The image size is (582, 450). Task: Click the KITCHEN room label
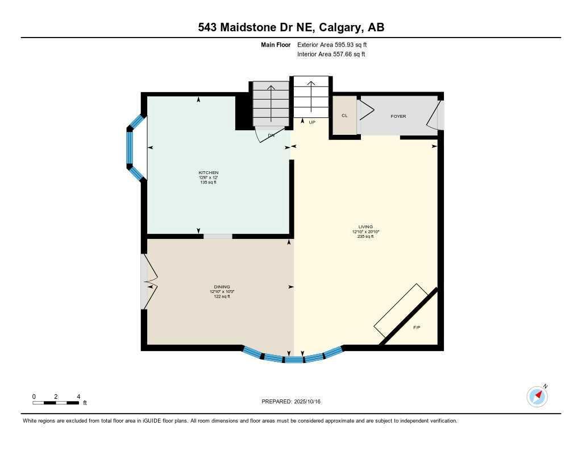[x=208, y=172]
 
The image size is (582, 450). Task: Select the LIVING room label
[x=365, y=226]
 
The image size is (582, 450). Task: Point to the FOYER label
[x=398, y=117]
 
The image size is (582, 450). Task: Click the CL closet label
[x=344, y=115]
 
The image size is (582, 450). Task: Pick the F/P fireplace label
[x=416, y=327]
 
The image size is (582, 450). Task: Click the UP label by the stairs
[x=311, y=122]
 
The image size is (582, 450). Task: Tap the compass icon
[x=537, y=396]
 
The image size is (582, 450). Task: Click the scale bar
[x=56, y=403]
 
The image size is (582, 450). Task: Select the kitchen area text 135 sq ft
[x=208, y=182]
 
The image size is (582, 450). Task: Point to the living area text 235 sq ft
[x=365, y=236]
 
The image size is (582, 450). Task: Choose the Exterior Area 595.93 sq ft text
[x=336, y=44]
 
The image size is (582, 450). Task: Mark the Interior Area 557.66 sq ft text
[x=331, y=55]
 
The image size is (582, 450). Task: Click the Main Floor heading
[x=275, y=44]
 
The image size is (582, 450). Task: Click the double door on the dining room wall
[x=148, y=282]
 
